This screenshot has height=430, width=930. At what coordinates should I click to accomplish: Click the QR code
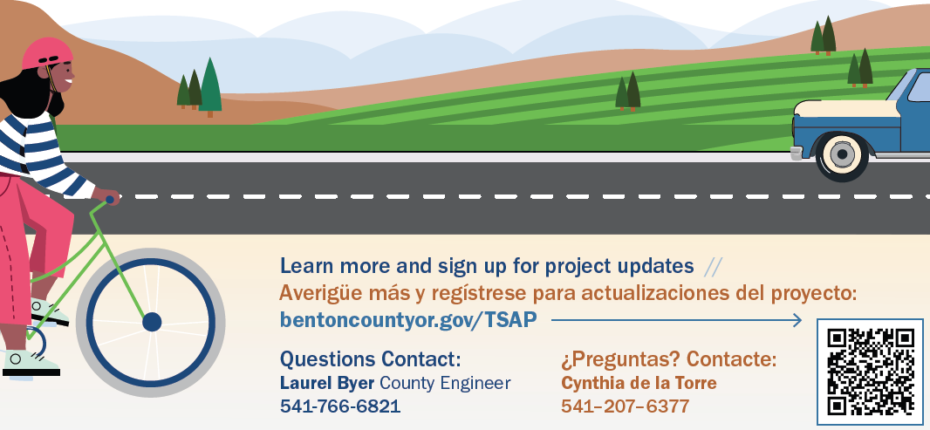coord(870,372)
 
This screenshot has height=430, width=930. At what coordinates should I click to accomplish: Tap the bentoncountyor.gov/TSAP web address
coord(408,320)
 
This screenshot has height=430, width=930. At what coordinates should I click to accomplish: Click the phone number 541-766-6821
coord(340,406)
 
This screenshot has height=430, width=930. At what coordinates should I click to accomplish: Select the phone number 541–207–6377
coord(626,406)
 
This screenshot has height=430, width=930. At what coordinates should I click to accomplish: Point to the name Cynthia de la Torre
coord(639,383)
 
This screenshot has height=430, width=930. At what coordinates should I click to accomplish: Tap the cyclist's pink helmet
coord(47,53)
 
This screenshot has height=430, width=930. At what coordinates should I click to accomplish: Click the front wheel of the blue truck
coord(842,155)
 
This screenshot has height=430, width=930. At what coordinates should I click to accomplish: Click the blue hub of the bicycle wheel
coord(152,322)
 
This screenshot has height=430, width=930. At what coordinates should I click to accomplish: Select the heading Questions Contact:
coord(370,358)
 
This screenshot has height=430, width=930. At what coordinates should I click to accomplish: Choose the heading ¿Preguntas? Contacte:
coord(668,358)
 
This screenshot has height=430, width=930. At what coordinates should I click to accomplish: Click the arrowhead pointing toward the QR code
coord(797,320)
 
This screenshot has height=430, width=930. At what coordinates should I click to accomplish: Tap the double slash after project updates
coord(713,267)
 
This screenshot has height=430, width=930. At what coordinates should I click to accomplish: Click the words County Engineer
coord(445,383)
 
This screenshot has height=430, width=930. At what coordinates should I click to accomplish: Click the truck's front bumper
coord(797,153)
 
